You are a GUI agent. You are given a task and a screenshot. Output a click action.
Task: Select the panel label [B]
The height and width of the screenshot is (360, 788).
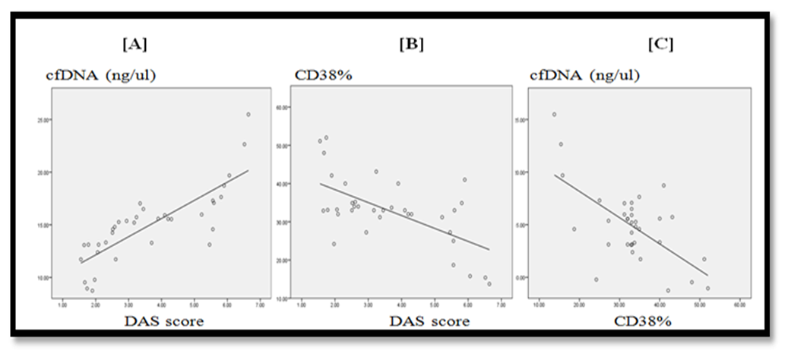point(411,44)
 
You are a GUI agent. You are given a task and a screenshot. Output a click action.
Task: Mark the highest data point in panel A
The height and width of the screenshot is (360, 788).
point(248,115)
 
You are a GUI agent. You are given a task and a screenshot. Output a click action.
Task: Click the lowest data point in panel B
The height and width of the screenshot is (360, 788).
point(489,284)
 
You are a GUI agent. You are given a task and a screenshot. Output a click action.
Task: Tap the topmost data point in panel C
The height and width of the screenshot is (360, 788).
point(554,115)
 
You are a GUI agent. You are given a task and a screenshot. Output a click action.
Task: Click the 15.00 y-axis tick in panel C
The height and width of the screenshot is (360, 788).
point(518,120)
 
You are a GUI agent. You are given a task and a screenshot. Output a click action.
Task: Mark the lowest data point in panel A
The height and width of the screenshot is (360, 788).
point(92,290)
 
